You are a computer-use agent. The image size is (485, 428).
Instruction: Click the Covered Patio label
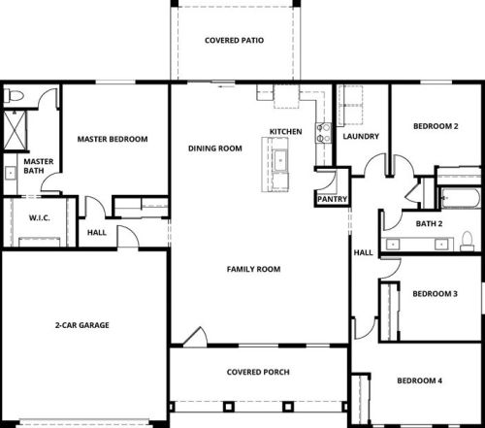point(234,41)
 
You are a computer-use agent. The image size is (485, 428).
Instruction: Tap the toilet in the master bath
point(14,96)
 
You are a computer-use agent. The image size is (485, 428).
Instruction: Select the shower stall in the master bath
point(15,130)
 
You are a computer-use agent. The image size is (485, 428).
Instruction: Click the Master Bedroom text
point(113,139)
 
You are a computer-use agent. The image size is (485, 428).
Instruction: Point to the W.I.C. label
point(40,217)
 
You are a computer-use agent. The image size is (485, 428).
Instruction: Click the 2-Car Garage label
point(82,325)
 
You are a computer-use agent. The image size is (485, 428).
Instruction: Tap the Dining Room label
point(215,148)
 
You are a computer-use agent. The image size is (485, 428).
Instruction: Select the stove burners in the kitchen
point(324,133)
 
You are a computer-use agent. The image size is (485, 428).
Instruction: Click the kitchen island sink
point(280,160)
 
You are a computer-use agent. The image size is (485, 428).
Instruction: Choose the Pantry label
point(332,199)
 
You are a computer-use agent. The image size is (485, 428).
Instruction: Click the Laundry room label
point(361,136)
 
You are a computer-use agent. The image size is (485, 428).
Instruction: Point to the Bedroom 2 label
point(436,126)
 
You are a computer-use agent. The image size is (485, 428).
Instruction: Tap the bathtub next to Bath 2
point(460,198)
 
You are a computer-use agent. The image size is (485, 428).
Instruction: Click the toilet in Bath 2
point(467,241)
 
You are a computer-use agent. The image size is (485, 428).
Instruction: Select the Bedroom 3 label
point(435,294)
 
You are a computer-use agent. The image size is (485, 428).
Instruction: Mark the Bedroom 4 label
point(419,380)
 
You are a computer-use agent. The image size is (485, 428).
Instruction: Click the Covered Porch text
point(258,372)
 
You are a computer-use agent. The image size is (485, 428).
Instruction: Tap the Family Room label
point(253,269)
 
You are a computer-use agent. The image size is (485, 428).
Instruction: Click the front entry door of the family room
point(195,338)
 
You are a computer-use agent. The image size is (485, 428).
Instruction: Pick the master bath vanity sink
point(11,173)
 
